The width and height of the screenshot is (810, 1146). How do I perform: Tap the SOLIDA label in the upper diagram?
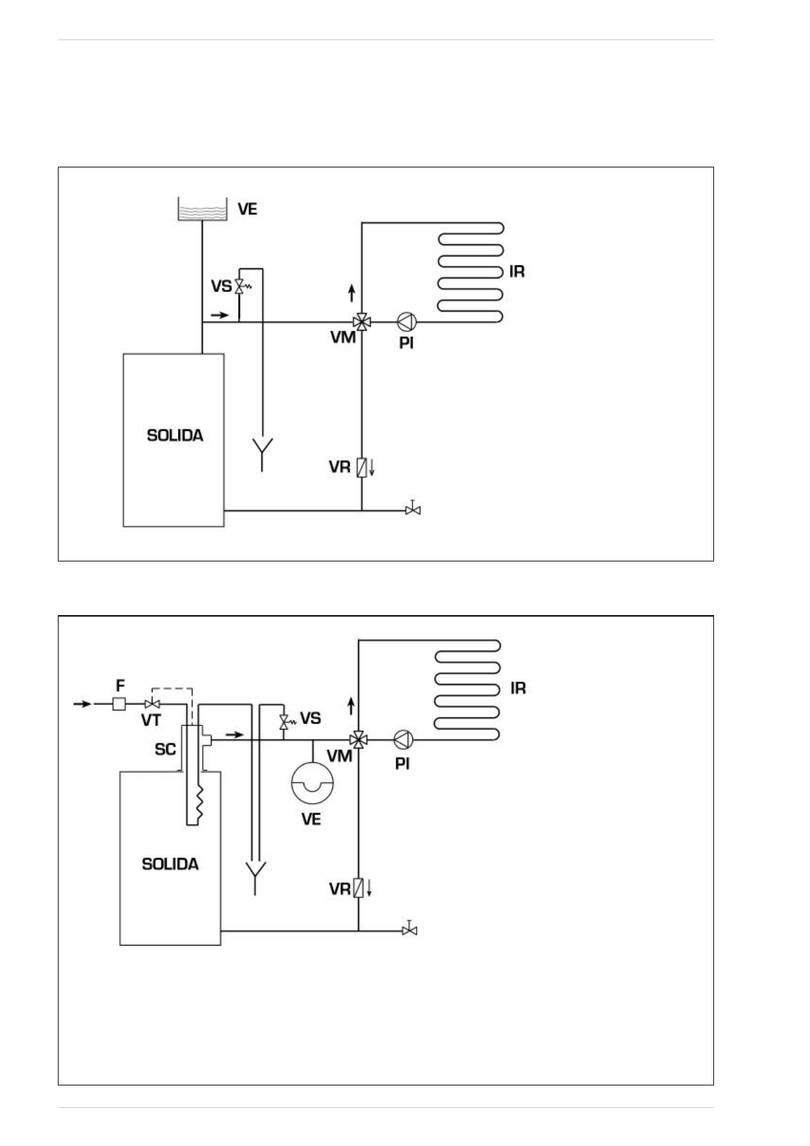coord(175,435)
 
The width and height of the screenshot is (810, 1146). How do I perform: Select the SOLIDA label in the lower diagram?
coord(170,864)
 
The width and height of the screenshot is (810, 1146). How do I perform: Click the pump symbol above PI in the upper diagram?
coord(406,321)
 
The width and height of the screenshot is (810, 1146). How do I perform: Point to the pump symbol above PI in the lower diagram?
coord(404,739)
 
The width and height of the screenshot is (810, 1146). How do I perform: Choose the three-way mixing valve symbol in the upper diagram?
coord(361,321)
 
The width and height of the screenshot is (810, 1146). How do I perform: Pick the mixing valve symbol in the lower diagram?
coord(358,739)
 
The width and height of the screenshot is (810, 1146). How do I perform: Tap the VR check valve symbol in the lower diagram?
coord(358,888)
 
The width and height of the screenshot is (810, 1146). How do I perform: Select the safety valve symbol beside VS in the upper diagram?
coord(240,286)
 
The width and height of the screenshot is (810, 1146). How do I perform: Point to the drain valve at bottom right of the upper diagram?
coord(412,509)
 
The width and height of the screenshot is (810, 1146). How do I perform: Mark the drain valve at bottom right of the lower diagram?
coord(409,930)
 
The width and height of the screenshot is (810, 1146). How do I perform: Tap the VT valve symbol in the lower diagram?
coord(152,704)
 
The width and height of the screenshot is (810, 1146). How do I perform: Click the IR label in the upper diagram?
coord(517,272)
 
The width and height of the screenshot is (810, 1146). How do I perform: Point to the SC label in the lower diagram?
coord(165,749)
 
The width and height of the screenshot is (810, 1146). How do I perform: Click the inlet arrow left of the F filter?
coord(82,704)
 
